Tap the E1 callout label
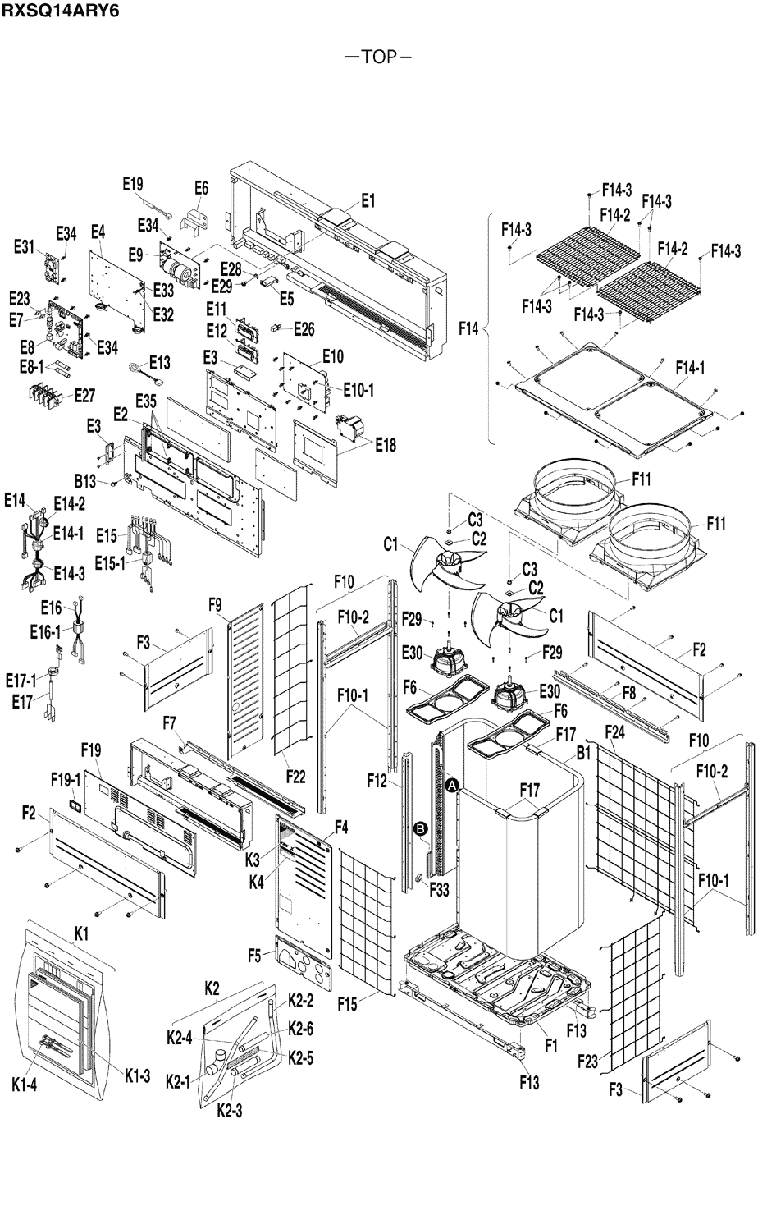[x=368, y=199]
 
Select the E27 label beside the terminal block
[x=84, y=394]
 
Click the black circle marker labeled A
[x=453, y=786]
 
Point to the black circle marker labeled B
[x=422, y=830]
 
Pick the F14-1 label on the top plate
[x=690, y=368]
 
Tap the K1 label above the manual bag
[x=82, y=933]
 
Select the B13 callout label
[x=85, y=479]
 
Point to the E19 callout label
[x=133, y=184]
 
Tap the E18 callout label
[x=385, y=445]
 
